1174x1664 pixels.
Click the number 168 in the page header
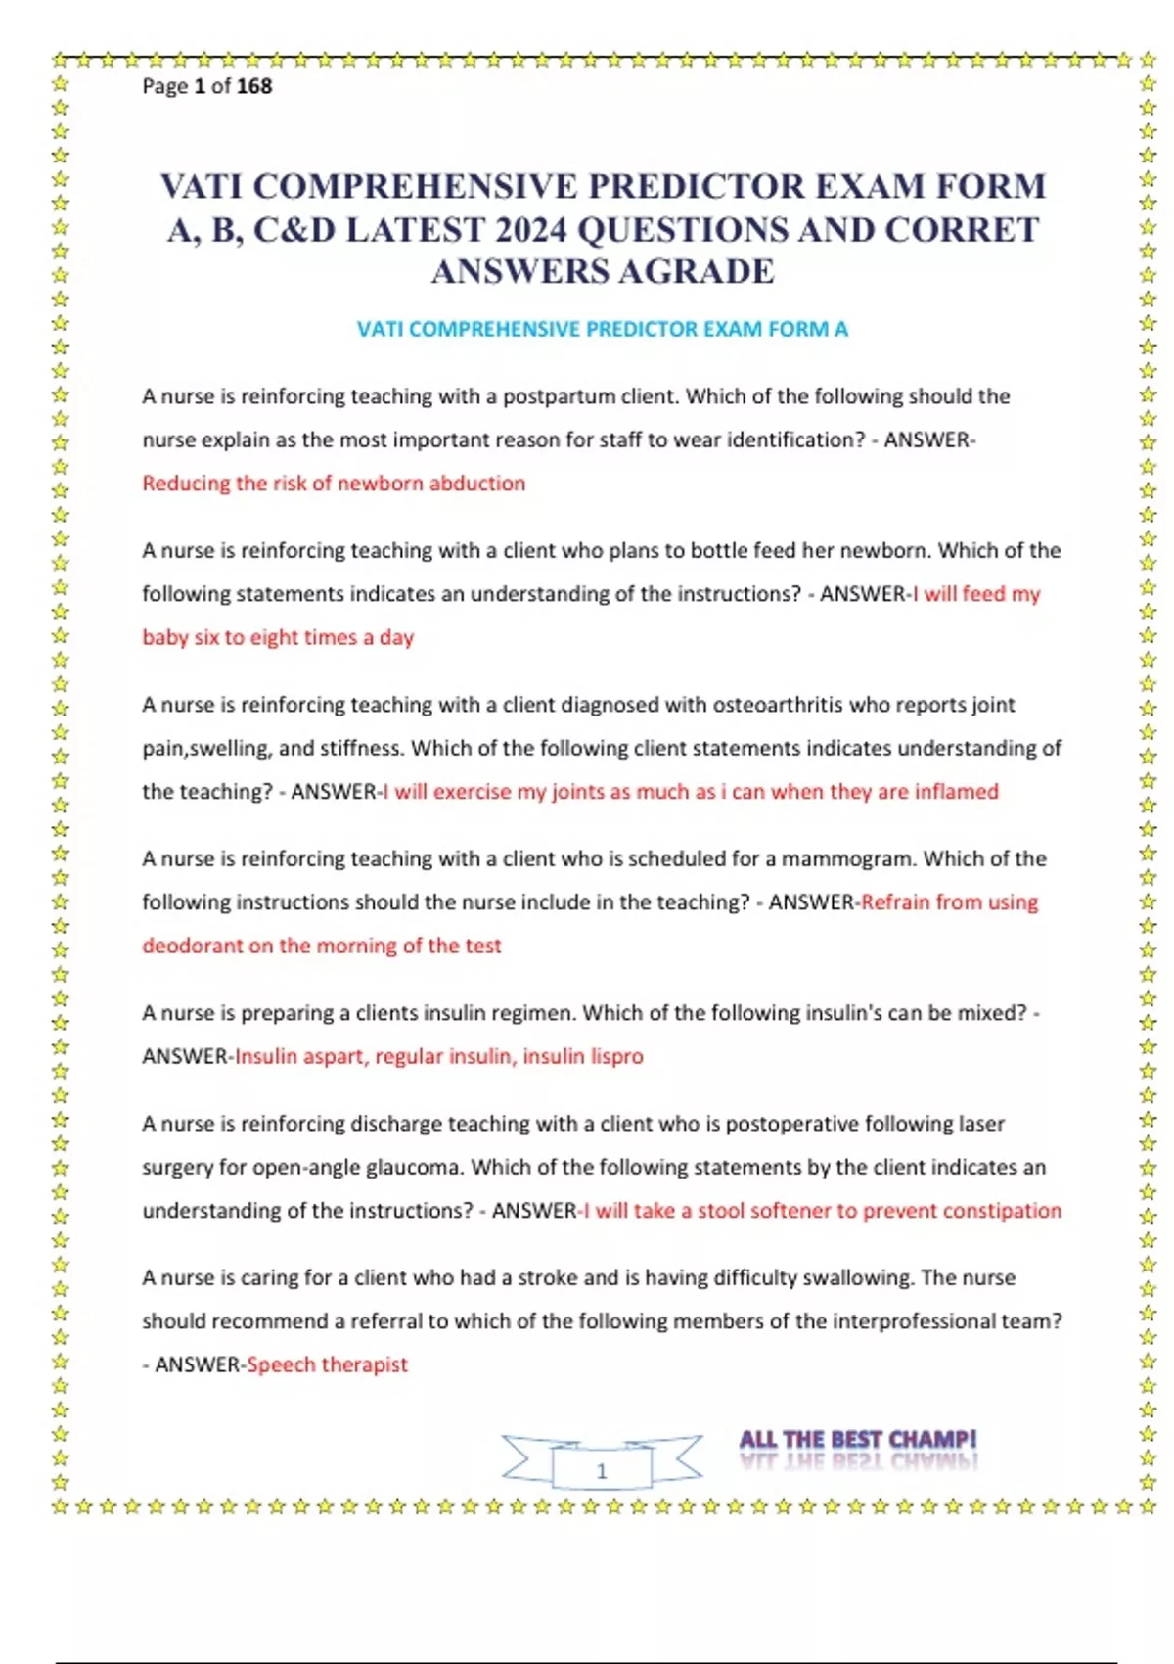click(x=254, y=86)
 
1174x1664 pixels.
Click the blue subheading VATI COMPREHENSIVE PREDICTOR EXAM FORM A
click(x=602, y=329)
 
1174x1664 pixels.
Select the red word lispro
click(x=616, y=1056)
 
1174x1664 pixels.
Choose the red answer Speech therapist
click(x=327, y=1364)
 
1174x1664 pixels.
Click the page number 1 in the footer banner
click(x=602, y=1470)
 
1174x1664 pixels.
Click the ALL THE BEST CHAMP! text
click(x=857, y=1440)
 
